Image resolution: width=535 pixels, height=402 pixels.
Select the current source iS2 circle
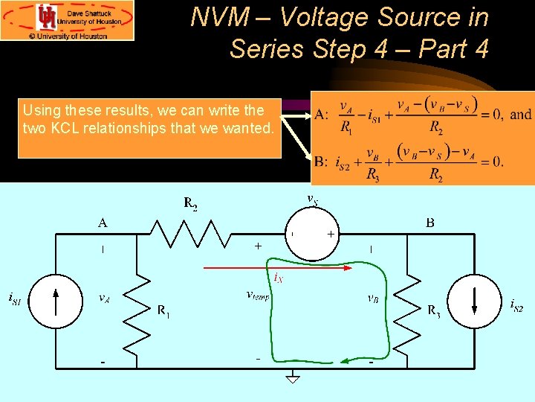(474, 301)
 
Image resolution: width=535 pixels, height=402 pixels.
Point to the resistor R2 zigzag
(191, 233)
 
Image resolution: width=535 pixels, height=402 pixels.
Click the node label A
(102, 222)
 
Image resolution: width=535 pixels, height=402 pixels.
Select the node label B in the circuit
(430, 222)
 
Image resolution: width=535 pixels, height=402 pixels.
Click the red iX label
(278, 278)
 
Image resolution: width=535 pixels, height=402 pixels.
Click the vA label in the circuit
(106, 298)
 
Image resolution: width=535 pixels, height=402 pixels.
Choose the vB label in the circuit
(375, 298)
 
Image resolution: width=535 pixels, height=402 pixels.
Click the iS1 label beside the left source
(14, 299)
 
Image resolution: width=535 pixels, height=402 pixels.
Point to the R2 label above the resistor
(191, 202)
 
